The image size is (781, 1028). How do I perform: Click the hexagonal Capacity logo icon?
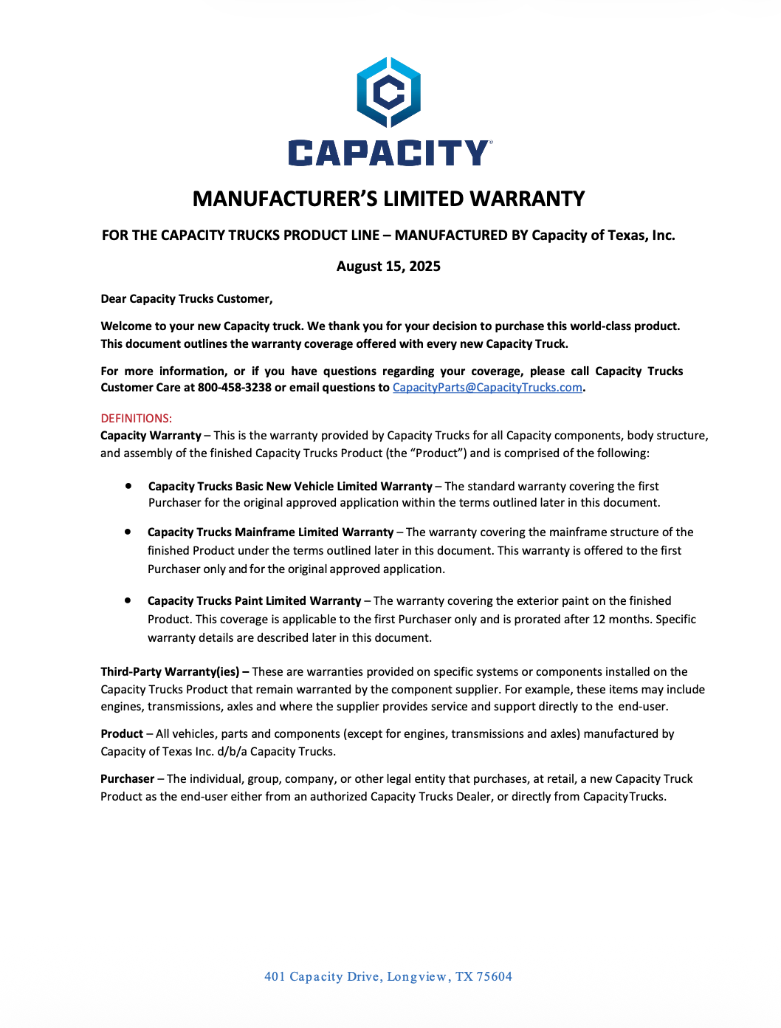pyautogui.click(x=389, y=92)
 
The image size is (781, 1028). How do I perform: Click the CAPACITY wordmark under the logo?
pyautogui.click(x=389, y=153)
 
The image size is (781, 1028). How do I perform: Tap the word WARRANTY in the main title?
pyautogui.click(x=527, y=199)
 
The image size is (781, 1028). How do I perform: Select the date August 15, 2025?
pyautogui.click(x=388, y=266)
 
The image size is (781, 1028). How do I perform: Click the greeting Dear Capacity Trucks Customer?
pyautogui.click(x=187, y=298)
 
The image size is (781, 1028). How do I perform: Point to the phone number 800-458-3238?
pyautogui.click(x=235, y=388)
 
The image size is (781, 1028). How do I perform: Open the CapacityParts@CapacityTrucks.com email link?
pyautogui.click(x=487, y=388)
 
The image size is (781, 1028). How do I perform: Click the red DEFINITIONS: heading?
pyautogui.click(x=137, y=418)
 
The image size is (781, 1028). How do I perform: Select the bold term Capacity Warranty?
pyautogui.click(x=151, y=436)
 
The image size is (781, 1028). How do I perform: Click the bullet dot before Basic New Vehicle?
pyautogui.click(x=128, y=486)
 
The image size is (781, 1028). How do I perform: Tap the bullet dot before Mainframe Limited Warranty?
pyautogui.click(x=128, y=532)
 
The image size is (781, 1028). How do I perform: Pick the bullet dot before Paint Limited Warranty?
pyautogui.click(x=128, y=600)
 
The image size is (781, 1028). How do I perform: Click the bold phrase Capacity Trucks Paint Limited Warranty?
pyautogui.click(x=255, y=601)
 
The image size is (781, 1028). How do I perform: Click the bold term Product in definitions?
pyautogui.click(x=122, y=733)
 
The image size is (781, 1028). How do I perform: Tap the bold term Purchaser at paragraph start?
pyautogui.click(x=128, y=778)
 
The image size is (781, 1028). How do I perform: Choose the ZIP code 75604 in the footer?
pyautogui.click(x=494, y=976)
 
